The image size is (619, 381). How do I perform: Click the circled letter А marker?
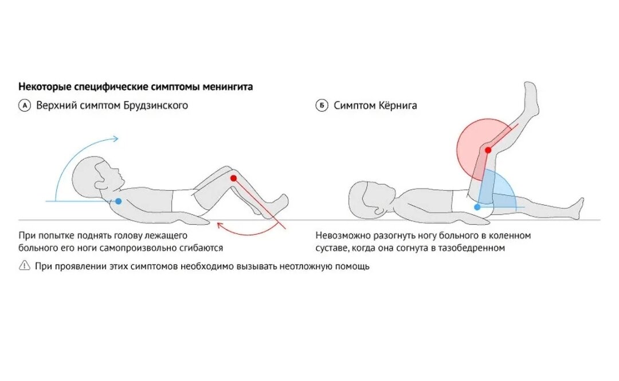(24, 106)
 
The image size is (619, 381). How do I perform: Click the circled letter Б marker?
(322, 106)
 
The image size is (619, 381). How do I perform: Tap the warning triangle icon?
(24, 266)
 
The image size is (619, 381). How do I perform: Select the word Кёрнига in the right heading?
(397, 106)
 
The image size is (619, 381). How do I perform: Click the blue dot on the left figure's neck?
(118, 201)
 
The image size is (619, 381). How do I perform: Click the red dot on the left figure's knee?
(233, 178)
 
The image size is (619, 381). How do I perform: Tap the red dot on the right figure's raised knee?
(488, 150)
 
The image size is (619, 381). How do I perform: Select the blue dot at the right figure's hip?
(477, 207)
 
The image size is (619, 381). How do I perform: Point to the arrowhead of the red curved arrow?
(220, 227)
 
